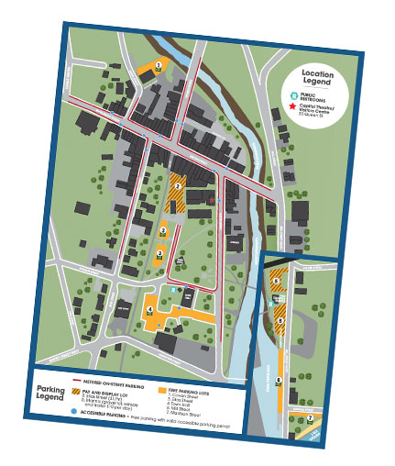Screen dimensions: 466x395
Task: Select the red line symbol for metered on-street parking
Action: [x=86, y=377]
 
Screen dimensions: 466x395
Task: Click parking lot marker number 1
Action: [x=159, y=65]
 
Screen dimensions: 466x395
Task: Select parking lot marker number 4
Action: [x=149, y=310]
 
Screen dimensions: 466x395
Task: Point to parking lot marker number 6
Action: [x=279, y=379]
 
